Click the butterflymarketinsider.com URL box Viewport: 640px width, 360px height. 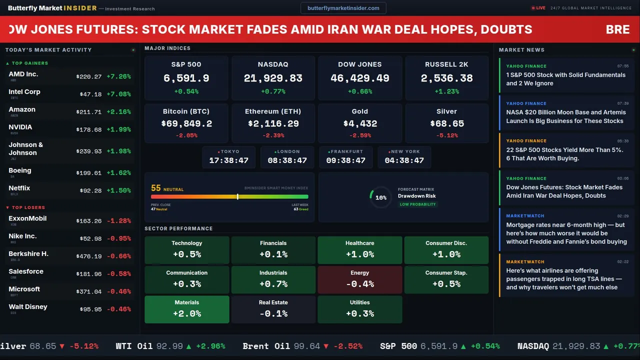[343, 8]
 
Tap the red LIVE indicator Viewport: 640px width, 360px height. [538, 8]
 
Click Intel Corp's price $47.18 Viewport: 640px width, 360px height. [90, 94]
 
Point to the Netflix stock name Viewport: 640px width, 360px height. [19, 188]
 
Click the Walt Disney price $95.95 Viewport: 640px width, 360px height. [90, 309]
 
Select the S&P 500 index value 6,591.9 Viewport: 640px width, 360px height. [186, 78]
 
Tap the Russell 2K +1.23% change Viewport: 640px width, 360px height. [446, 91]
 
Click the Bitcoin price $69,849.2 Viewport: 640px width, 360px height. [186, 123]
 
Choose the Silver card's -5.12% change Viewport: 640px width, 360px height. [446, 135]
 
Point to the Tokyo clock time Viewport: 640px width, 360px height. [228, 160]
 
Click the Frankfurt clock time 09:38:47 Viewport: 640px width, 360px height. [345, 160]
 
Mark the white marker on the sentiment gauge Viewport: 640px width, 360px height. [237, 196]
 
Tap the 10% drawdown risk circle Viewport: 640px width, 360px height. [380, 197]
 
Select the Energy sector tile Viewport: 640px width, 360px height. [359, 279]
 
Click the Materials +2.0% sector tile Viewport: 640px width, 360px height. [187, 309]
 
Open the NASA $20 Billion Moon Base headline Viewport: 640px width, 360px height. [565, 116]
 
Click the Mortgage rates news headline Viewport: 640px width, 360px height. [566, 233]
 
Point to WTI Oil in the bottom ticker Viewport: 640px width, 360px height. [134, 346]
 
